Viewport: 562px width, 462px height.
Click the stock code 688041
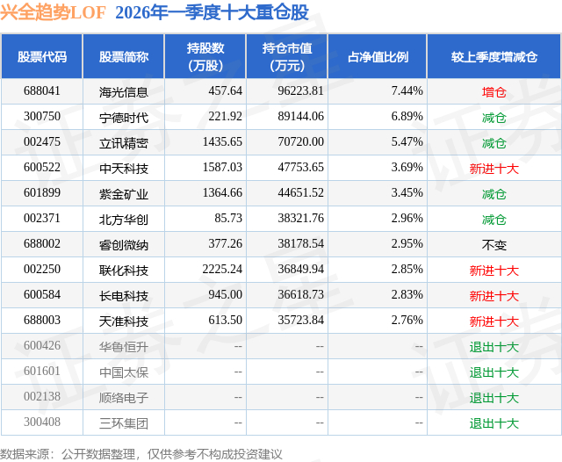click(42, 91)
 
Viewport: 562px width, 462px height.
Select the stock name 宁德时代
click(124, 117)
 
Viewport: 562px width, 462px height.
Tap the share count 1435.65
click(222, 142)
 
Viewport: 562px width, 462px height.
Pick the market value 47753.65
click(300, 168)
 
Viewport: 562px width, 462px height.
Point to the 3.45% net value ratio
click(407, 193)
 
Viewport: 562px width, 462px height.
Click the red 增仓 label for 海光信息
click(494, 92)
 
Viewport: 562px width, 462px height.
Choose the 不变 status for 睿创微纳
click(494, 245)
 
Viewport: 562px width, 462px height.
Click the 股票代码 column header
click(42, 56)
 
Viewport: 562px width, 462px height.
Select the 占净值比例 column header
click(378, 56)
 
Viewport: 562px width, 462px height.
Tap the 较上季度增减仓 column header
click(494, 56)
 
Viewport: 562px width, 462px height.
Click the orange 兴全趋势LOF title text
click(53, 12)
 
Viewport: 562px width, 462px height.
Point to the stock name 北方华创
click(124, 219)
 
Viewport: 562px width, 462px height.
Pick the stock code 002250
click(42, 269)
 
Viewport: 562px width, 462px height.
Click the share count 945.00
click(225, 294)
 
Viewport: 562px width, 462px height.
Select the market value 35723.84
click(300, 320)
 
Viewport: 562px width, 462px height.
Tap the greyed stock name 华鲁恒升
click(124, 347)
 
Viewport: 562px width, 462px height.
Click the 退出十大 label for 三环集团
click(494, 423)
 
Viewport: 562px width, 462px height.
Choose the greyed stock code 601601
click(42, 371)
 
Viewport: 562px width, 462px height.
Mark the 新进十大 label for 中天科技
click(494, 169)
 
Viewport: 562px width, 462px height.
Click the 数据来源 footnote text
click(141, 454)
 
